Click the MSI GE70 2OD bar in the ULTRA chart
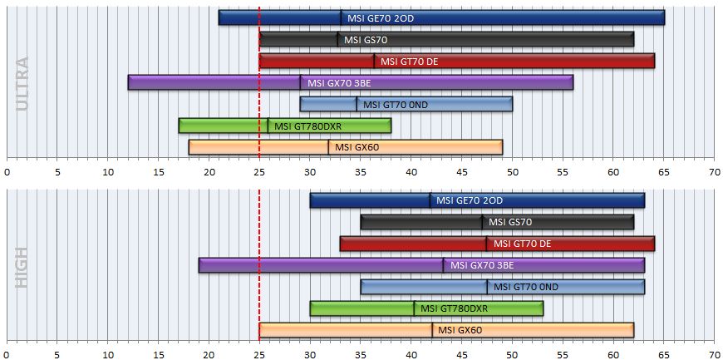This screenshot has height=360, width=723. (441, 18)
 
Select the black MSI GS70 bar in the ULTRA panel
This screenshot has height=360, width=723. (446, 40)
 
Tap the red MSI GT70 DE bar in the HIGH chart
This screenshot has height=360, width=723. (497, 244)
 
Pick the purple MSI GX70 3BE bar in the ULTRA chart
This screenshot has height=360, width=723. (351, 82)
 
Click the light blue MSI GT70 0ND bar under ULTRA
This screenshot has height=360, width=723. (406, 104)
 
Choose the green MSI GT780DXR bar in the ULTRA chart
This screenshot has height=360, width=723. (285, 126)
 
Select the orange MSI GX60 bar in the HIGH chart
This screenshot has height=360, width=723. (446, 330)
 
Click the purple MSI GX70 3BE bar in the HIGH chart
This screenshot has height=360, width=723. (421, 265)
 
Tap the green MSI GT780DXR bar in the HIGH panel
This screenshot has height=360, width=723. (426, 308)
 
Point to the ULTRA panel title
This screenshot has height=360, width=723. (22, 83)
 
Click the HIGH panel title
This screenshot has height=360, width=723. (22, 268)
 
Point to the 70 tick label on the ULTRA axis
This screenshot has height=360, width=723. (714, 172)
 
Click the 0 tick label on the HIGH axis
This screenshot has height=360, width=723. (7, 355)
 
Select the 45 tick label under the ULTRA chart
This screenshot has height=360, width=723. (462, 172)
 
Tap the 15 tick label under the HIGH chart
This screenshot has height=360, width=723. (158, 355)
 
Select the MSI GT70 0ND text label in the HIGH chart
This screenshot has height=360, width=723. (526, 287)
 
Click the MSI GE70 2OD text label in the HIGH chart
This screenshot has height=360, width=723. (470, 200)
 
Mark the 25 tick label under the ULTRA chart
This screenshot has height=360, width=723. (259, 172)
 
